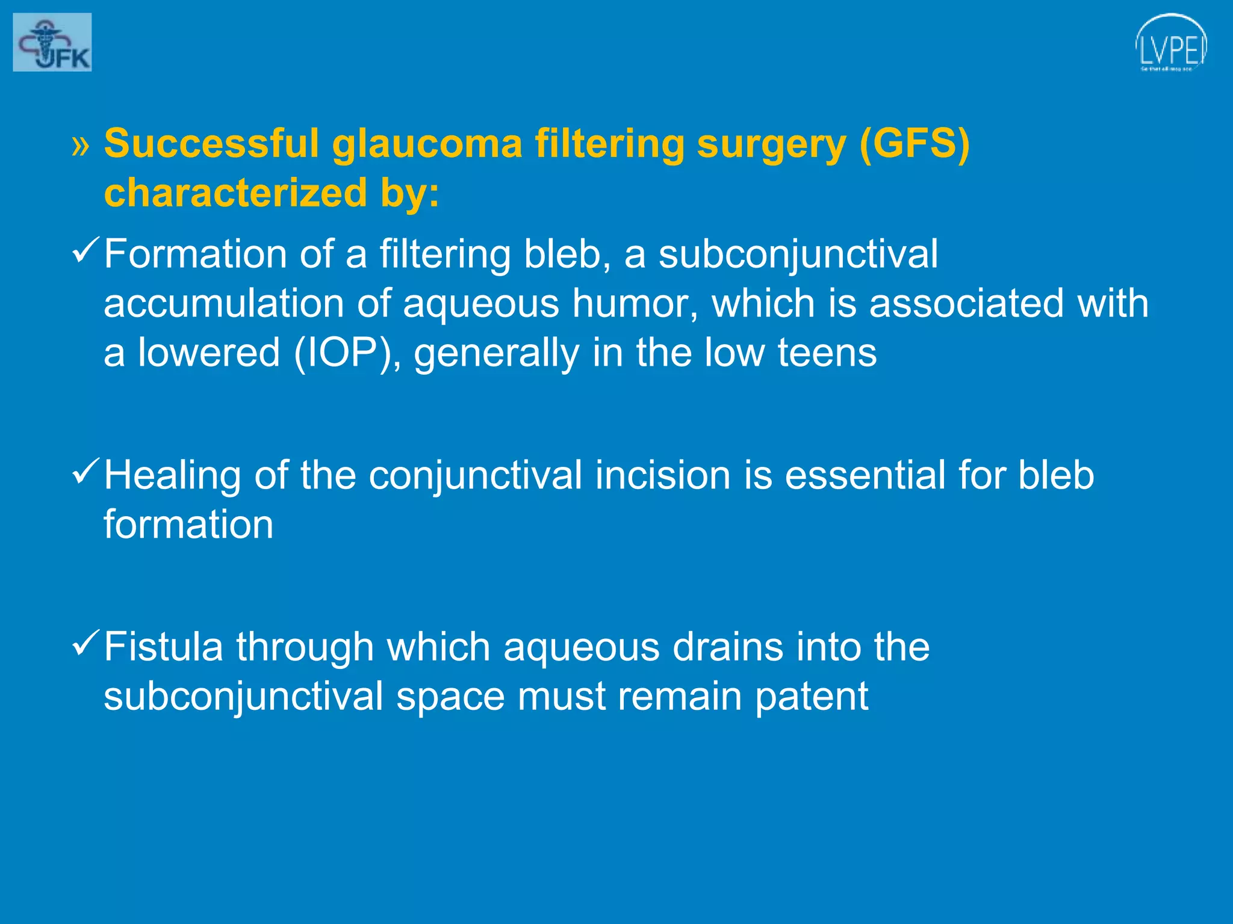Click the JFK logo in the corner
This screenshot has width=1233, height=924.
(52, 42)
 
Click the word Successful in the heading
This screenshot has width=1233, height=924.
(211, 144)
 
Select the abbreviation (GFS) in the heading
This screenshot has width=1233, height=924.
(914, 144)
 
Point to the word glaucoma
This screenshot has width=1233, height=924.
(427, 144)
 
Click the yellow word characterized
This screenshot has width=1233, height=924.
(235, 194)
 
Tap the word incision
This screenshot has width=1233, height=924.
(663, 476)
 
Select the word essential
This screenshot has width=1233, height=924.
(865, 476)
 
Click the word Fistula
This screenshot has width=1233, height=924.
(163, 647)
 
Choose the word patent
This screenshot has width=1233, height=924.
(811, 697)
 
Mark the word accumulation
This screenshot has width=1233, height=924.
(223, 303)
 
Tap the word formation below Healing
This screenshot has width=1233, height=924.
(188, 525)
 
